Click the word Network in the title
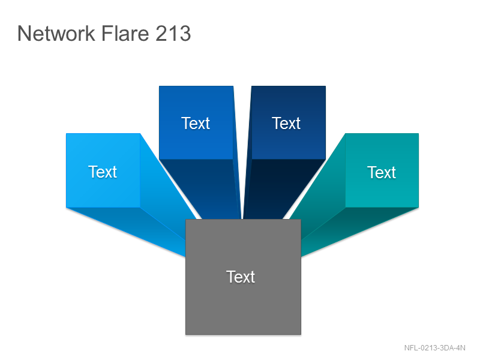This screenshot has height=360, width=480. point(56,33)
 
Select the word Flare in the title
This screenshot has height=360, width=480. point(125,33)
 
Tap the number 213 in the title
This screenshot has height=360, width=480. point(173,33)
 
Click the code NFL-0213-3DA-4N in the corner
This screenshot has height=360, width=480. point(434,348)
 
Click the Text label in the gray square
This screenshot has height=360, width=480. point(241,277)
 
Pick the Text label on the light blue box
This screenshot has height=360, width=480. point(103,172)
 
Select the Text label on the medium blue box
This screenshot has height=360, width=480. point(196,124)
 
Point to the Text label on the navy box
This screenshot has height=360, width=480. point(286,124)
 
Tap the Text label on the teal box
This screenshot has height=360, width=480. point(382,172)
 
